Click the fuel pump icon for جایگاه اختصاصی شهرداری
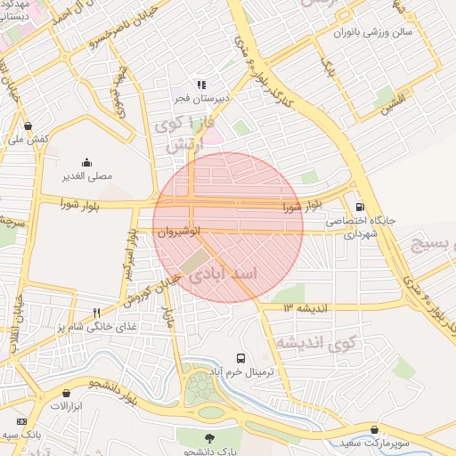click(359, 205)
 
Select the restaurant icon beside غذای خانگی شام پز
click(96, 313)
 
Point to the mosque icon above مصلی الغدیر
click(86, 162)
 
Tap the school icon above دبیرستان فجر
click(201, 85)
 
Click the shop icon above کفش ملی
click(28, 126)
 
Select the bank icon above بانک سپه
click(21, 421)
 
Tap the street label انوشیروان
click(176, 232)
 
